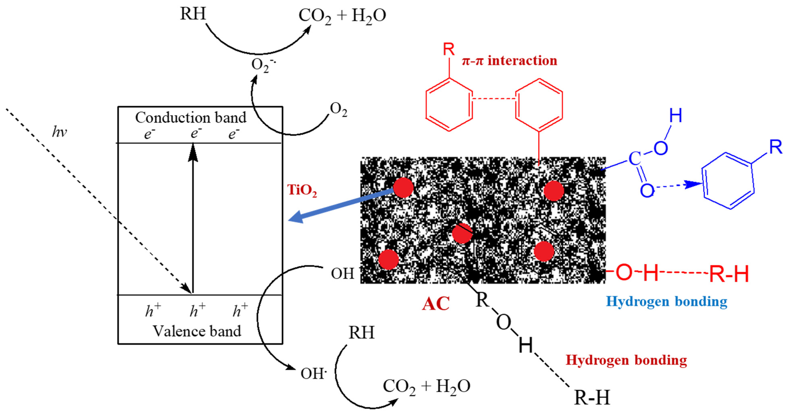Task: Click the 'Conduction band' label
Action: click(x=191, y=118)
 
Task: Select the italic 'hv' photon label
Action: click(x=59, y=132)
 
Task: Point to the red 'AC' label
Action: click(x=436, y=304)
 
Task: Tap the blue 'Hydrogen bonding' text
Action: click(x=666, y=301)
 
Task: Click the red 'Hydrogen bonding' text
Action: click(x=626, y=360)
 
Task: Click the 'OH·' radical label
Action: click(x=313, y=374)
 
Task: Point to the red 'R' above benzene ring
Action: click(x=449, y=49)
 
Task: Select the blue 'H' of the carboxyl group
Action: click(x=675, y=116)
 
